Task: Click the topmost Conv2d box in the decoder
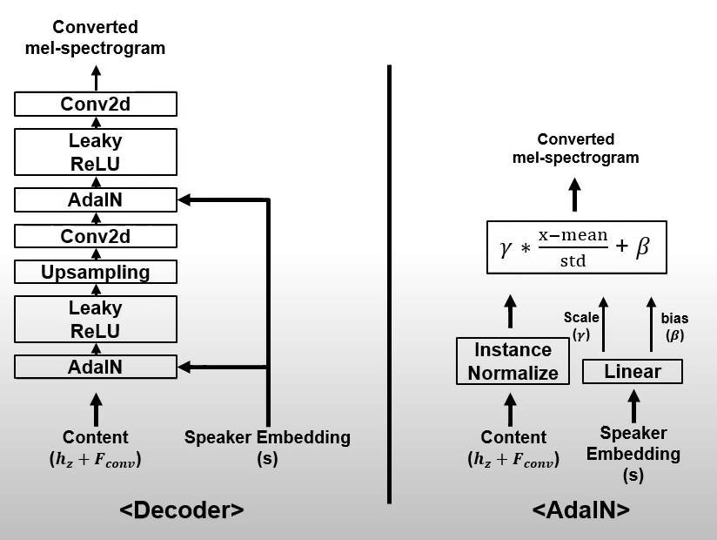96,105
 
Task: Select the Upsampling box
96,272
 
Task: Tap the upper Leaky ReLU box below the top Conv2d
96,152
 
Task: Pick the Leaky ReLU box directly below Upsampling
96,320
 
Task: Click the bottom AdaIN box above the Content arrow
96,367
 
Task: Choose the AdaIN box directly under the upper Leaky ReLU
96,200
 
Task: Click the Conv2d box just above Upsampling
96,236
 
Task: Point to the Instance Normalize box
513,361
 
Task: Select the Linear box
633,372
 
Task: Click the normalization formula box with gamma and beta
575,247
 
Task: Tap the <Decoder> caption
181,510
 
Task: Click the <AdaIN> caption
581,510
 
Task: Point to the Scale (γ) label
580,327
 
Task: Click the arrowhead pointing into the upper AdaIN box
184,200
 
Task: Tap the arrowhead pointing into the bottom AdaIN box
184,367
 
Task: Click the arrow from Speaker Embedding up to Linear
633,404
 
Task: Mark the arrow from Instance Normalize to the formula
511,311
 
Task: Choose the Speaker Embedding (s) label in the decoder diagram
267,447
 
